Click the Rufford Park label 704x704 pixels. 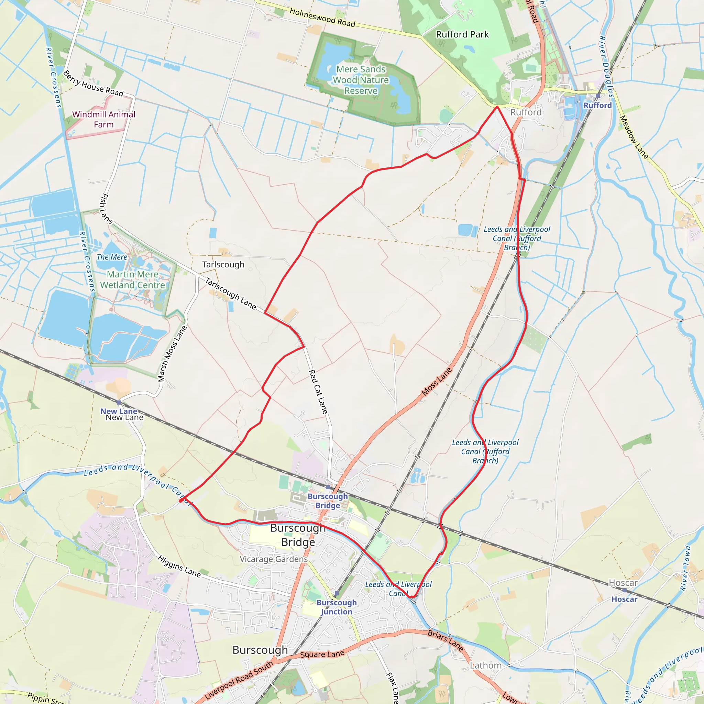[462, 35]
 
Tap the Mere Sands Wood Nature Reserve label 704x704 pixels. [360, 80]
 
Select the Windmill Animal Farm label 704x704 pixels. [103, 120]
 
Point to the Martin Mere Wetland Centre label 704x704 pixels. [132, 279]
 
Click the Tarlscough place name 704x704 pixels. [223, 265]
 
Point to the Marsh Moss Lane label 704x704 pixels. [172, 353]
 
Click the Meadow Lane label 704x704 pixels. [634, 137]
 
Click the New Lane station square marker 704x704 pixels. [119, 402]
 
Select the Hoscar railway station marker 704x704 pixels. [624, 590]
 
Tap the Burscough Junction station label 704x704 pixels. [336, 607]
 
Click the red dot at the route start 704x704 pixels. [181, 500]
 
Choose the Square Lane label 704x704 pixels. [322, 654]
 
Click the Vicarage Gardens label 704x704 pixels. [273, 559]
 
